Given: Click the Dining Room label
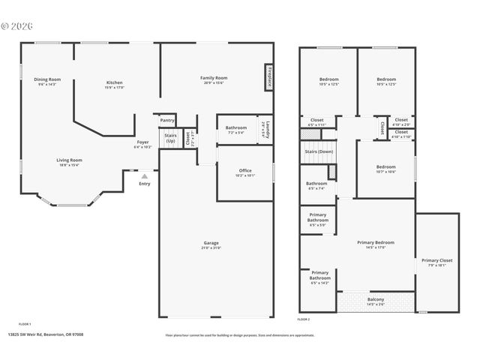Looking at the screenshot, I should click(47, 79).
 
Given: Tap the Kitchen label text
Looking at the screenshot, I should click(114, 82).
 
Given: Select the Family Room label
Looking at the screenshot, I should click(214, 78).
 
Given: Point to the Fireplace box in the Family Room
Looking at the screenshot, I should click(268, 78).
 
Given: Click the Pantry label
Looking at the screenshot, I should click(167, 120).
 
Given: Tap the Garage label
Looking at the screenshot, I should click(211, 243).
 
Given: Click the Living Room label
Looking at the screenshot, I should click(69, 160).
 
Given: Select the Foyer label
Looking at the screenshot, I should click(142, 142).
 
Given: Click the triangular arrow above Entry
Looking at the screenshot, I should click(145, 176).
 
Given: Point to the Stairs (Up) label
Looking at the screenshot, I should click(171, 138).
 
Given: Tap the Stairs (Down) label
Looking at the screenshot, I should click(319, 151).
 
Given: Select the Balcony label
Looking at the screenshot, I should click(375, 299).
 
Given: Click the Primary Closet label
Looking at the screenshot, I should click(436, 260).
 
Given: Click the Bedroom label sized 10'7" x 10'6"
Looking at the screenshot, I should click(385, 166).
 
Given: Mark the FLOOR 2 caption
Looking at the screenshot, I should click(304, 319).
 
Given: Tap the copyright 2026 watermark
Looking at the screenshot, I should click(16, 25).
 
